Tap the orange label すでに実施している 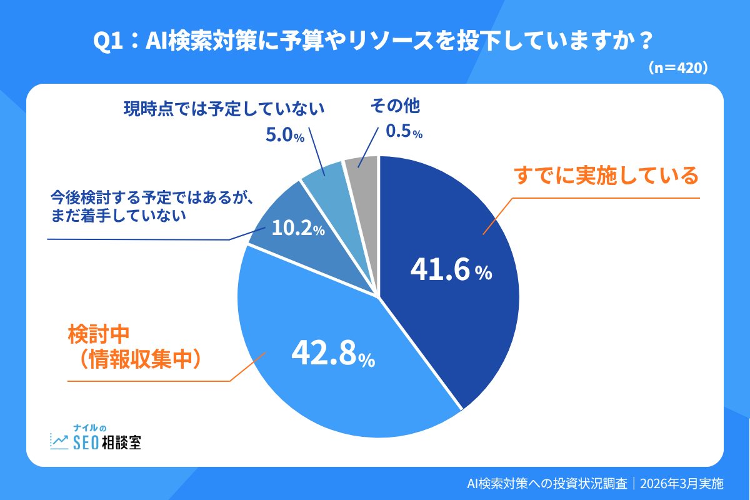[x=606, y=176]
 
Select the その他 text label [x=395, y=106]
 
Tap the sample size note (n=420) [x=678, y=66]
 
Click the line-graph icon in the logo [x=60, y=441]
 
